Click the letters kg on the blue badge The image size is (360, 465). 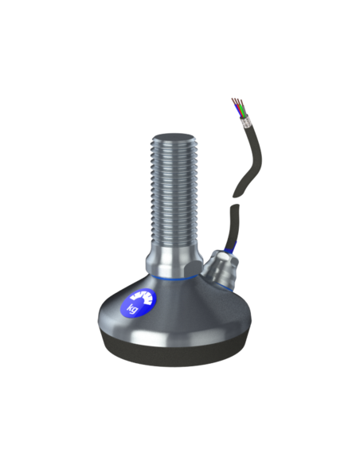[x=132, y=308]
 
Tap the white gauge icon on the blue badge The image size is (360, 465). [x=143, y=297]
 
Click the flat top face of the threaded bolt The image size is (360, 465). [x=173, y=137]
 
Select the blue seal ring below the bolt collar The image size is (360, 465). [x=170, y=279]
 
